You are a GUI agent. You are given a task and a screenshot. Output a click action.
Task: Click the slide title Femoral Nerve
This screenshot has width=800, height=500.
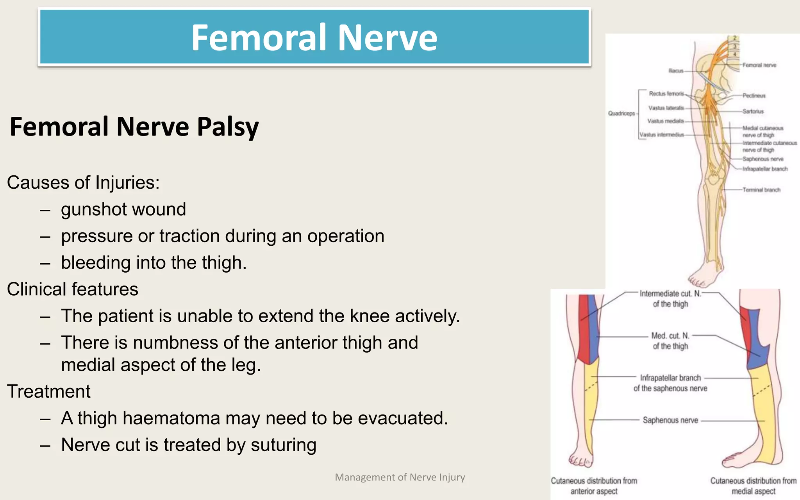(314, 37)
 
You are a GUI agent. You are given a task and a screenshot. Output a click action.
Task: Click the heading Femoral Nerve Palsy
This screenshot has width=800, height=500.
(134, 127)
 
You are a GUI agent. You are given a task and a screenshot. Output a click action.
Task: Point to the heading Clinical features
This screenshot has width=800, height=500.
(73, 289)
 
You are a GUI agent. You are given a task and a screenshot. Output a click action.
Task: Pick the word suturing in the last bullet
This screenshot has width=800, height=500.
(283, 445)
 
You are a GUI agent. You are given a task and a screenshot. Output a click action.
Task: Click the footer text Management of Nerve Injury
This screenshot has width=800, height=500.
(400, 477)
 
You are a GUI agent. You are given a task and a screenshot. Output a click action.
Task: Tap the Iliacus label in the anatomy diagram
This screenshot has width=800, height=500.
(676, 71)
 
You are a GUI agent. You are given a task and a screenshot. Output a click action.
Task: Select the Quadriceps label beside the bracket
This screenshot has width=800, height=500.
(621, 113)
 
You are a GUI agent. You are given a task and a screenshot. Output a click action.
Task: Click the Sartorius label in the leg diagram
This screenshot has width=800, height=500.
(753, 111)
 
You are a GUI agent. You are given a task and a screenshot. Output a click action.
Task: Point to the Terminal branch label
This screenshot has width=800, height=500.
(761, 190)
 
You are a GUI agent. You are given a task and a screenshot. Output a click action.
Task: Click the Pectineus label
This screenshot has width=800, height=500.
(754, 95)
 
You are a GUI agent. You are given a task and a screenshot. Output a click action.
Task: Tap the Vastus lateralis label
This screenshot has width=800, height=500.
(666, 108)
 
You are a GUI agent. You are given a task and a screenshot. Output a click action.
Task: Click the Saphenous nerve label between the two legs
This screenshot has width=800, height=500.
(670, 420)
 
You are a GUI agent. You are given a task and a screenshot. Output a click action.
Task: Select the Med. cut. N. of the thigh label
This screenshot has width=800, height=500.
(670, 341)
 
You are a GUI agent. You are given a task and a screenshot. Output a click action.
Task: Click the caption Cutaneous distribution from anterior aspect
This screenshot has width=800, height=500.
(594, 486)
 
